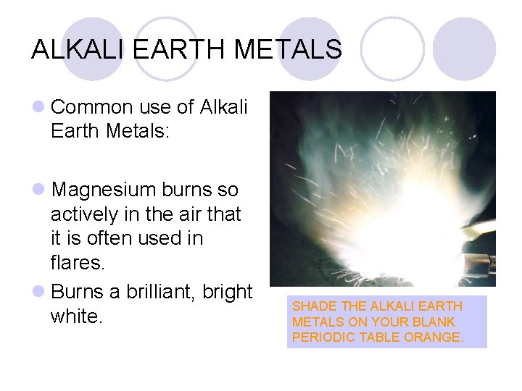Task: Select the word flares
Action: tap(77, 262)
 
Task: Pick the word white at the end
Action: tap(76, 316)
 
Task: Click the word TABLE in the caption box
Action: tap(377, 337)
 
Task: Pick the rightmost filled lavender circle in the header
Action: tap(464, 48)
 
